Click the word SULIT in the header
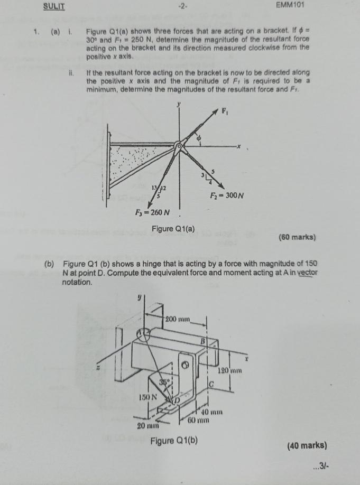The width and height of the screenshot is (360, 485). point(54,6)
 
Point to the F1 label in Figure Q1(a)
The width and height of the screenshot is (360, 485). point(225,113)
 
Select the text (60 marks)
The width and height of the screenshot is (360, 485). point(297,237)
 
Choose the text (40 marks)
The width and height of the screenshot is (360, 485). point(307,445)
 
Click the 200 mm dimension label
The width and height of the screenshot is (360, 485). point(178,319)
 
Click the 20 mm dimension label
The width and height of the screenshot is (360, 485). point(147,425)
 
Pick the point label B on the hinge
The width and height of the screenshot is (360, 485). point(202,342)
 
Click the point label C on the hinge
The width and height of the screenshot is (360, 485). point(211,384)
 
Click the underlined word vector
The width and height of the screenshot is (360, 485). point(306,272)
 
